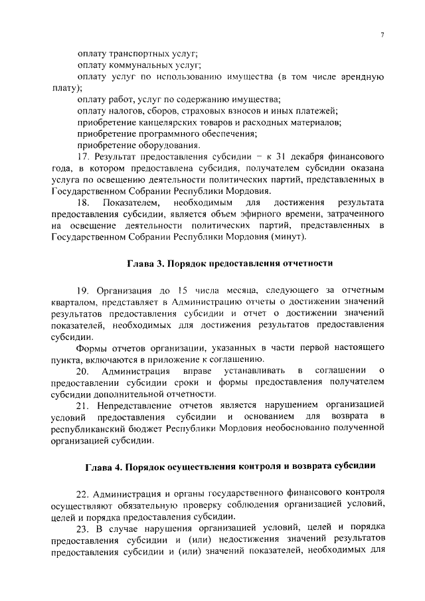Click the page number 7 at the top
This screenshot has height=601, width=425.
click(x=382, y=35)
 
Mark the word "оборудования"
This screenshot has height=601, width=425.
click(x=167, y=145)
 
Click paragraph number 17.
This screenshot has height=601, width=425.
click(x=83, y=157)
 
